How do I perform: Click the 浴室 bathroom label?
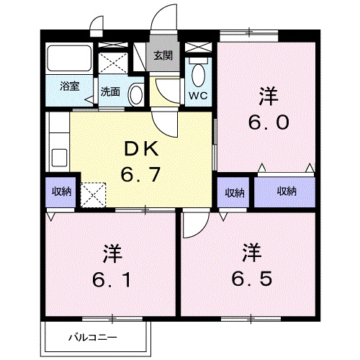pos(69,85)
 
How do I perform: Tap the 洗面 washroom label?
pos(110,91)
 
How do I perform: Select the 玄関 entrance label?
pos(162,55)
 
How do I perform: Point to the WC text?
pos(197,94)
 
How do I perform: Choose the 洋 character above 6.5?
pos(251,254)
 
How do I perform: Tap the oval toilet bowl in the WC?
pos(198,75)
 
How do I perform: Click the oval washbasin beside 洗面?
pos(136,93)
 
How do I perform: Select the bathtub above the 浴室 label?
pos(69,60)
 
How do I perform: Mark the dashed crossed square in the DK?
pos(93,194)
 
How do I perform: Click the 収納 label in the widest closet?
pos(287,192)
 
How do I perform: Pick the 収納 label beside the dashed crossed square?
pos(61,192)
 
